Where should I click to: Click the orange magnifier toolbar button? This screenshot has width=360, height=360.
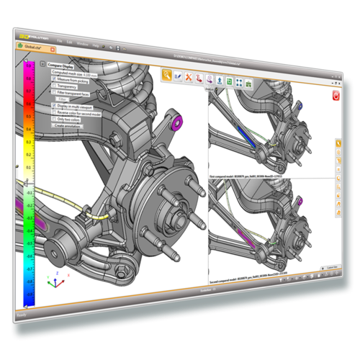166,74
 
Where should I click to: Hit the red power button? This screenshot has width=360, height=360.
336,96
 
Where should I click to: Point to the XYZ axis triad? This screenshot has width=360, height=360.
55,280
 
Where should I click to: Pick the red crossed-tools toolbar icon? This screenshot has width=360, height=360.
189,76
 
